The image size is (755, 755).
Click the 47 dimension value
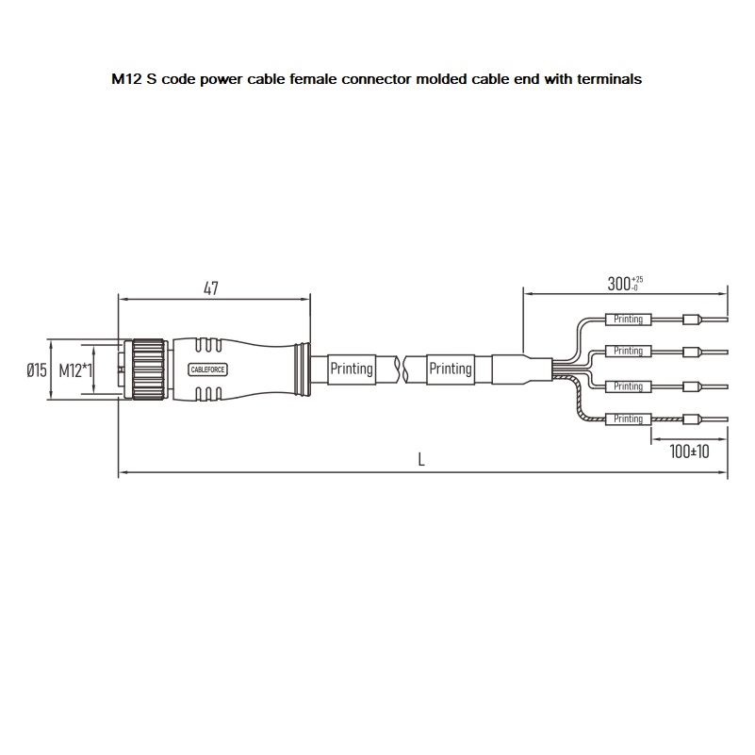(211, 287)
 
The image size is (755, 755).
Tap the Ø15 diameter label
(37, 369)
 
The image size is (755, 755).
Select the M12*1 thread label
(75, 370)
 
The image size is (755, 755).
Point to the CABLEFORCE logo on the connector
(207, 369)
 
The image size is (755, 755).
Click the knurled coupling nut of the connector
(149, 369)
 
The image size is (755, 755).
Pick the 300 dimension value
(618, 284)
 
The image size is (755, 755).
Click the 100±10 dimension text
(689, 451)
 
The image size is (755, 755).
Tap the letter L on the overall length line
(421, 460)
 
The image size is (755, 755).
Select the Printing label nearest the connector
(352, 369)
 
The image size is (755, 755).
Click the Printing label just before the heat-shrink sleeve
(451, 369)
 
